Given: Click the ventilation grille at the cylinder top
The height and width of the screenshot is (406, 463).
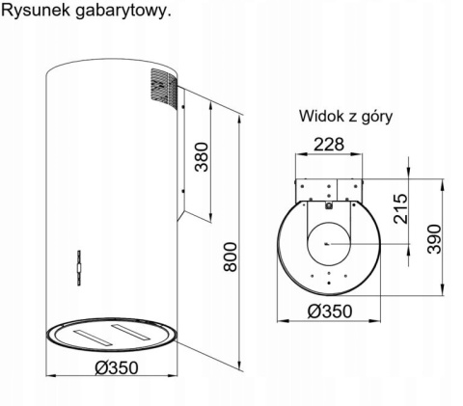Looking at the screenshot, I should pos(161,88).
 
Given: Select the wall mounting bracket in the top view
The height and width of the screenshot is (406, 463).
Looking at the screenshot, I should pos(330,186).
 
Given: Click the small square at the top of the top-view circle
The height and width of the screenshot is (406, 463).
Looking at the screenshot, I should pos(329,203).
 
